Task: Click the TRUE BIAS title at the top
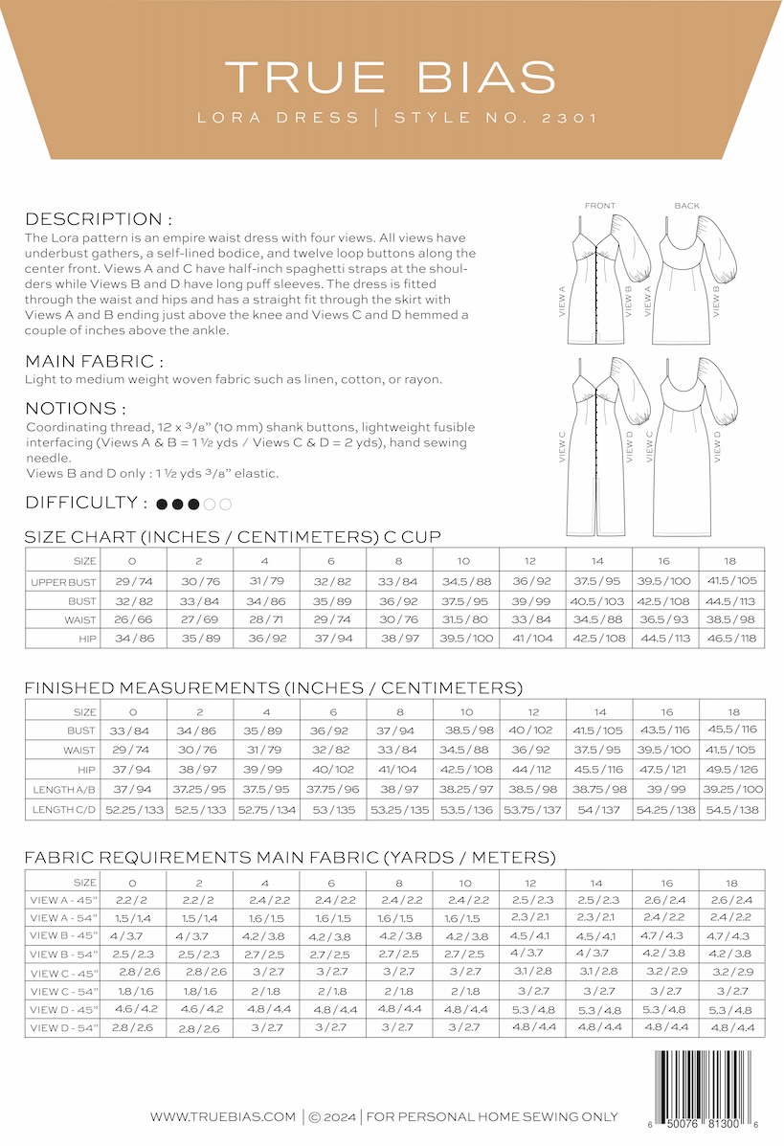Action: pos(391,77)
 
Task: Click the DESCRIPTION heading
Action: pos(99,218)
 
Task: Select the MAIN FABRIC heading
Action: pos(94,361)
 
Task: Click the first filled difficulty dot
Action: pos(162,504)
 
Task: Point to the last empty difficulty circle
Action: pos(225,504)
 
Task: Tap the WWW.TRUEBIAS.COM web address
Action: pos(222,1116)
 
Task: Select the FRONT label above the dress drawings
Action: pos(599,206)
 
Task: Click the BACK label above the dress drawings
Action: pos(686,206)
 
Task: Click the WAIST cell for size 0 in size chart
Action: pos(133,619)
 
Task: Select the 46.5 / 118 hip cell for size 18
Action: pos(731,638)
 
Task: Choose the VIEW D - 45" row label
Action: pos(63,1010)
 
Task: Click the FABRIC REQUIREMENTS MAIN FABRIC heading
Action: pos(289,857)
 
